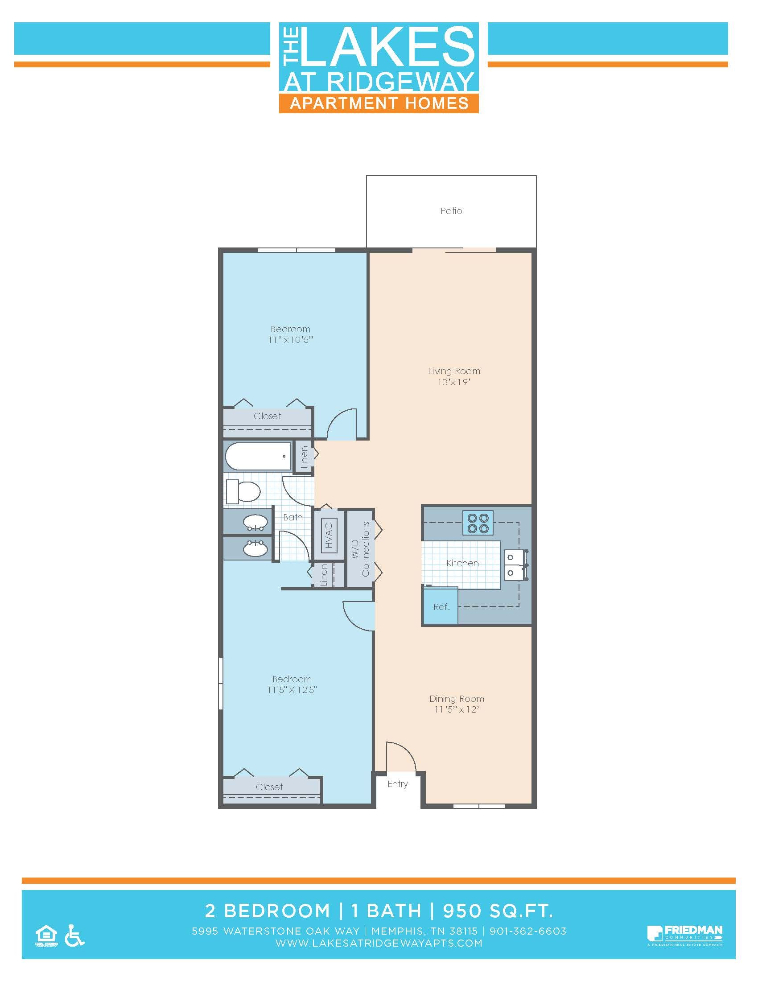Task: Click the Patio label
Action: pos(451,210)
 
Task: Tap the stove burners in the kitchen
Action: pos(478,523)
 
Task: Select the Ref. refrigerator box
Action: pos(441,606)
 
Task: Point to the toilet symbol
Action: pos(243,491)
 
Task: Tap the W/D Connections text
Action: pos(360,549)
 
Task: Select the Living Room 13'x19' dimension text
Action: pos(454,382)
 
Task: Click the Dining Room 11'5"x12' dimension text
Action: pos(457,709)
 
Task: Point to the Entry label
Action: pos(397,784)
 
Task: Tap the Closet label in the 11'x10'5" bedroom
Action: pos(267,416)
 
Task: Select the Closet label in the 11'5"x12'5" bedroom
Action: pos(269,787)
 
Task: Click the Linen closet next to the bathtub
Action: pos(304,457)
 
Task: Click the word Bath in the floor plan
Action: pos(293,517)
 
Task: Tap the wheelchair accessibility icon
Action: pos(74,936)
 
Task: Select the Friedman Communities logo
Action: pos(684,935)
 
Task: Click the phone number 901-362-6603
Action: pos(527,931)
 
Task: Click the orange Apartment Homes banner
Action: pos(379,103)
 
